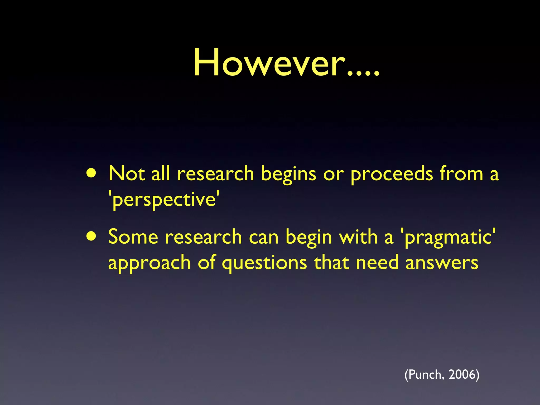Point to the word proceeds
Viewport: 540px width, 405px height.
click(x=392, y=175)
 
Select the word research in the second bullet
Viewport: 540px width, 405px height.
click(x=203, y=237)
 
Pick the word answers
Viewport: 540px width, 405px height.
click(x=442, y=263)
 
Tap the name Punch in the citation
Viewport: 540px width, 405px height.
click(x=425, y=374)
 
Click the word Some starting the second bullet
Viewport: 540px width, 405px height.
click(x=133, y=237)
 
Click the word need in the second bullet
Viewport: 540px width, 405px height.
click(x=377, y=263)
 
